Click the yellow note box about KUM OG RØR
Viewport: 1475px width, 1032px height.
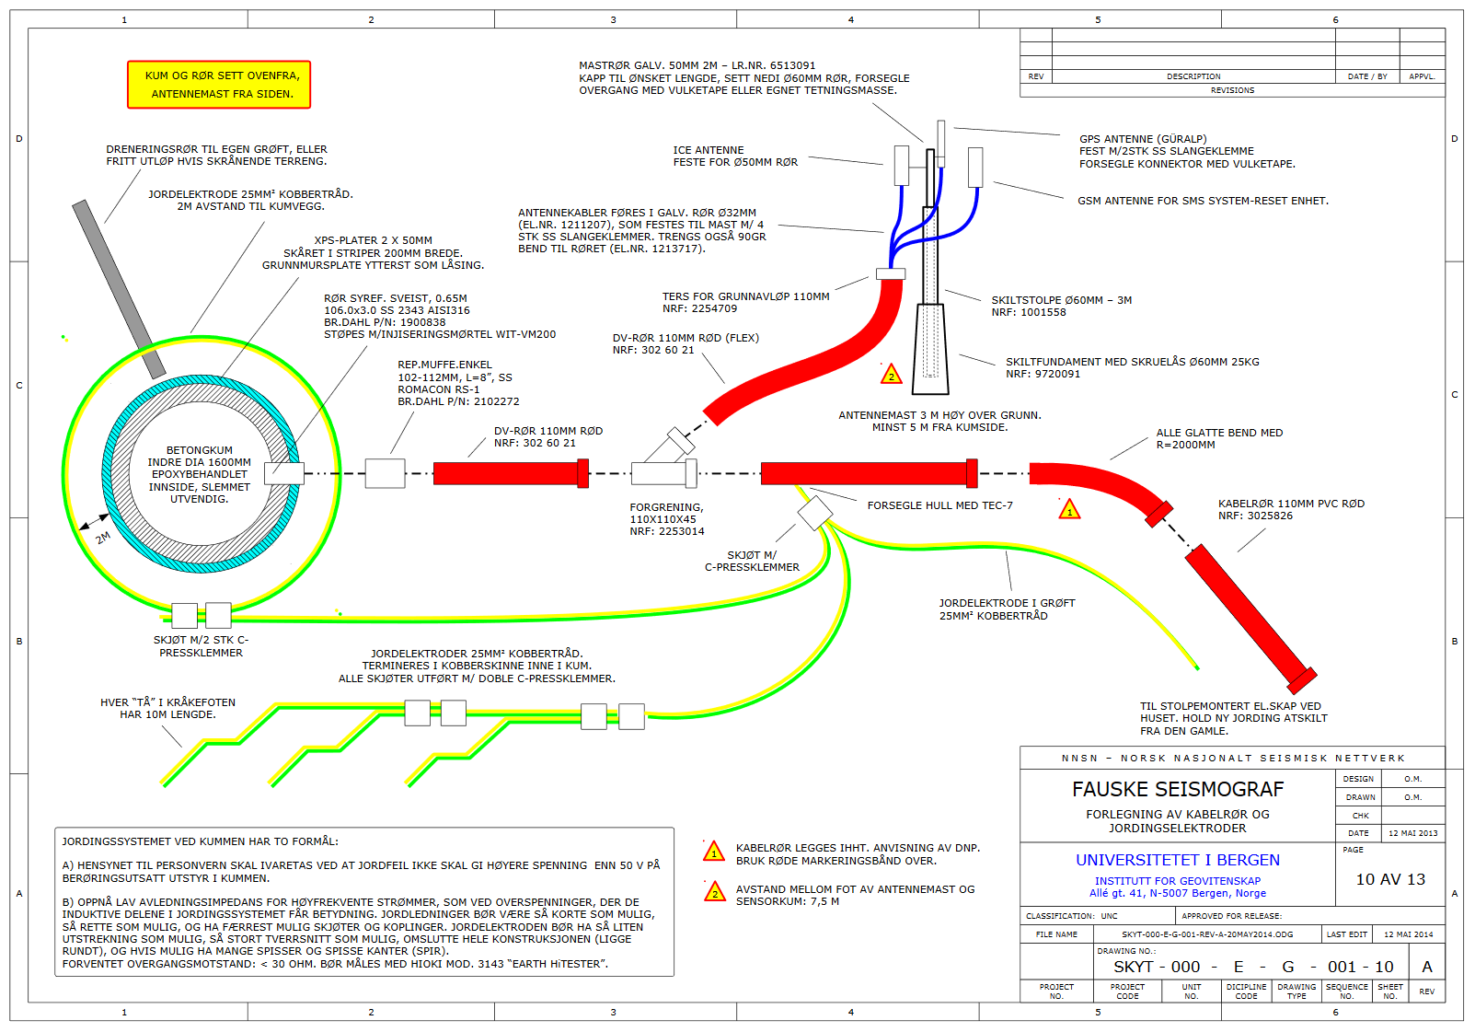coord(219,85)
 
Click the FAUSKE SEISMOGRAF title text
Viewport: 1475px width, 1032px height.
coord(1177,789)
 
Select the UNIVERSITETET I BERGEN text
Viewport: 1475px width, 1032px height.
coord(1177,860)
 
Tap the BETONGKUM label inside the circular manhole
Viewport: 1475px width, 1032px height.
coord(199,450)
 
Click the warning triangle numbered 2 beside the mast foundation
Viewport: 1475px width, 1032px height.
coord(891,375)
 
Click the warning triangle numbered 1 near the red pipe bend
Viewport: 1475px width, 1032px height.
coord(1069,510)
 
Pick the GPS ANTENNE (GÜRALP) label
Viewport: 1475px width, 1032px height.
coord(1143,139)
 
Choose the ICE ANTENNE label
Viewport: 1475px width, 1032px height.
coord(708,150)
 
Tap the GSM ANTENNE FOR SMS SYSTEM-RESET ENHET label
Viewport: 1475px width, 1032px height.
coord(1203,201)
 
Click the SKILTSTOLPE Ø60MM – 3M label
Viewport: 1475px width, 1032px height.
coord(1061,300)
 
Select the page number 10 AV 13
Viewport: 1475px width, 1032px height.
coord(1389,879)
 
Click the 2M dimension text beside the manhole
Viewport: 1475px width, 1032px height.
coord(103,538)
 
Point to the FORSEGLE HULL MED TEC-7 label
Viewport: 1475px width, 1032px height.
coord(939,505)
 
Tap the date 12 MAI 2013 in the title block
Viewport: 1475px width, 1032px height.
coord(1412,833)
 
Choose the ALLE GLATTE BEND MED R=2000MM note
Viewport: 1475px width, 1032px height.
coord(1218,438)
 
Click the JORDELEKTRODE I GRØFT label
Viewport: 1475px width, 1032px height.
coord(1007,603)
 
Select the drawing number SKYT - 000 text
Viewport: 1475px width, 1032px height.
coord(1157,967)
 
